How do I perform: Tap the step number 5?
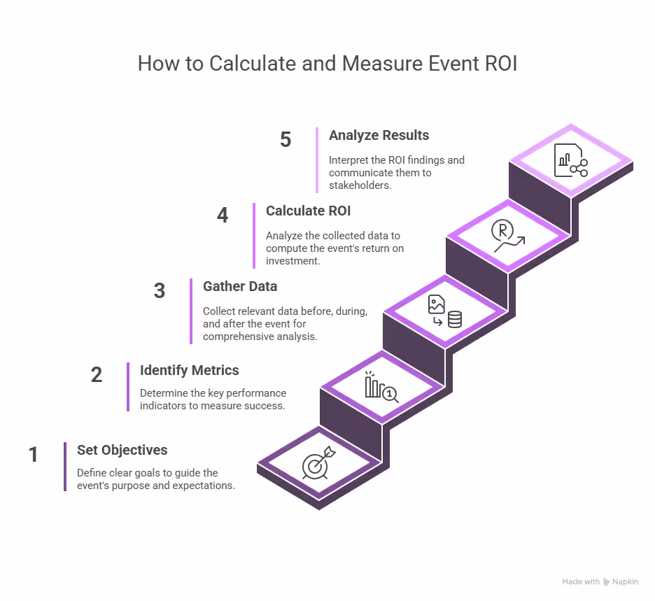286,139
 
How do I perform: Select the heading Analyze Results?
379,135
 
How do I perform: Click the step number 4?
223,215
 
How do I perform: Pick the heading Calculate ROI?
309,211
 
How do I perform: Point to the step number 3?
160,290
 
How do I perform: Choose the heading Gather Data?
240,287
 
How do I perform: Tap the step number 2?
97,374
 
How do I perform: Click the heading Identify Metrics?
189,370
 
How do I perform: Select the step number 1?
34,454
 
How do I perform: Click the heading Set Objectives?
122,451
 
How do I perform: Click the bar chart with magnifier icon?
381,387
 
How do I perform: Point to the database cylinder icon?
455,320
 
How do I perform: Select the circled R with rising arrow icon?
508,236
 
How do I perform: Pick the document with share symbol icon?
570,160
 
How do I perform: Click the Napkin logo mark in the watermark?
607,582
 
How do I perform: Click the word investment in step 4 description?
292,261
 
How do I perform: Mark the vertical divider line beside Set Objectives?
65,467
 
